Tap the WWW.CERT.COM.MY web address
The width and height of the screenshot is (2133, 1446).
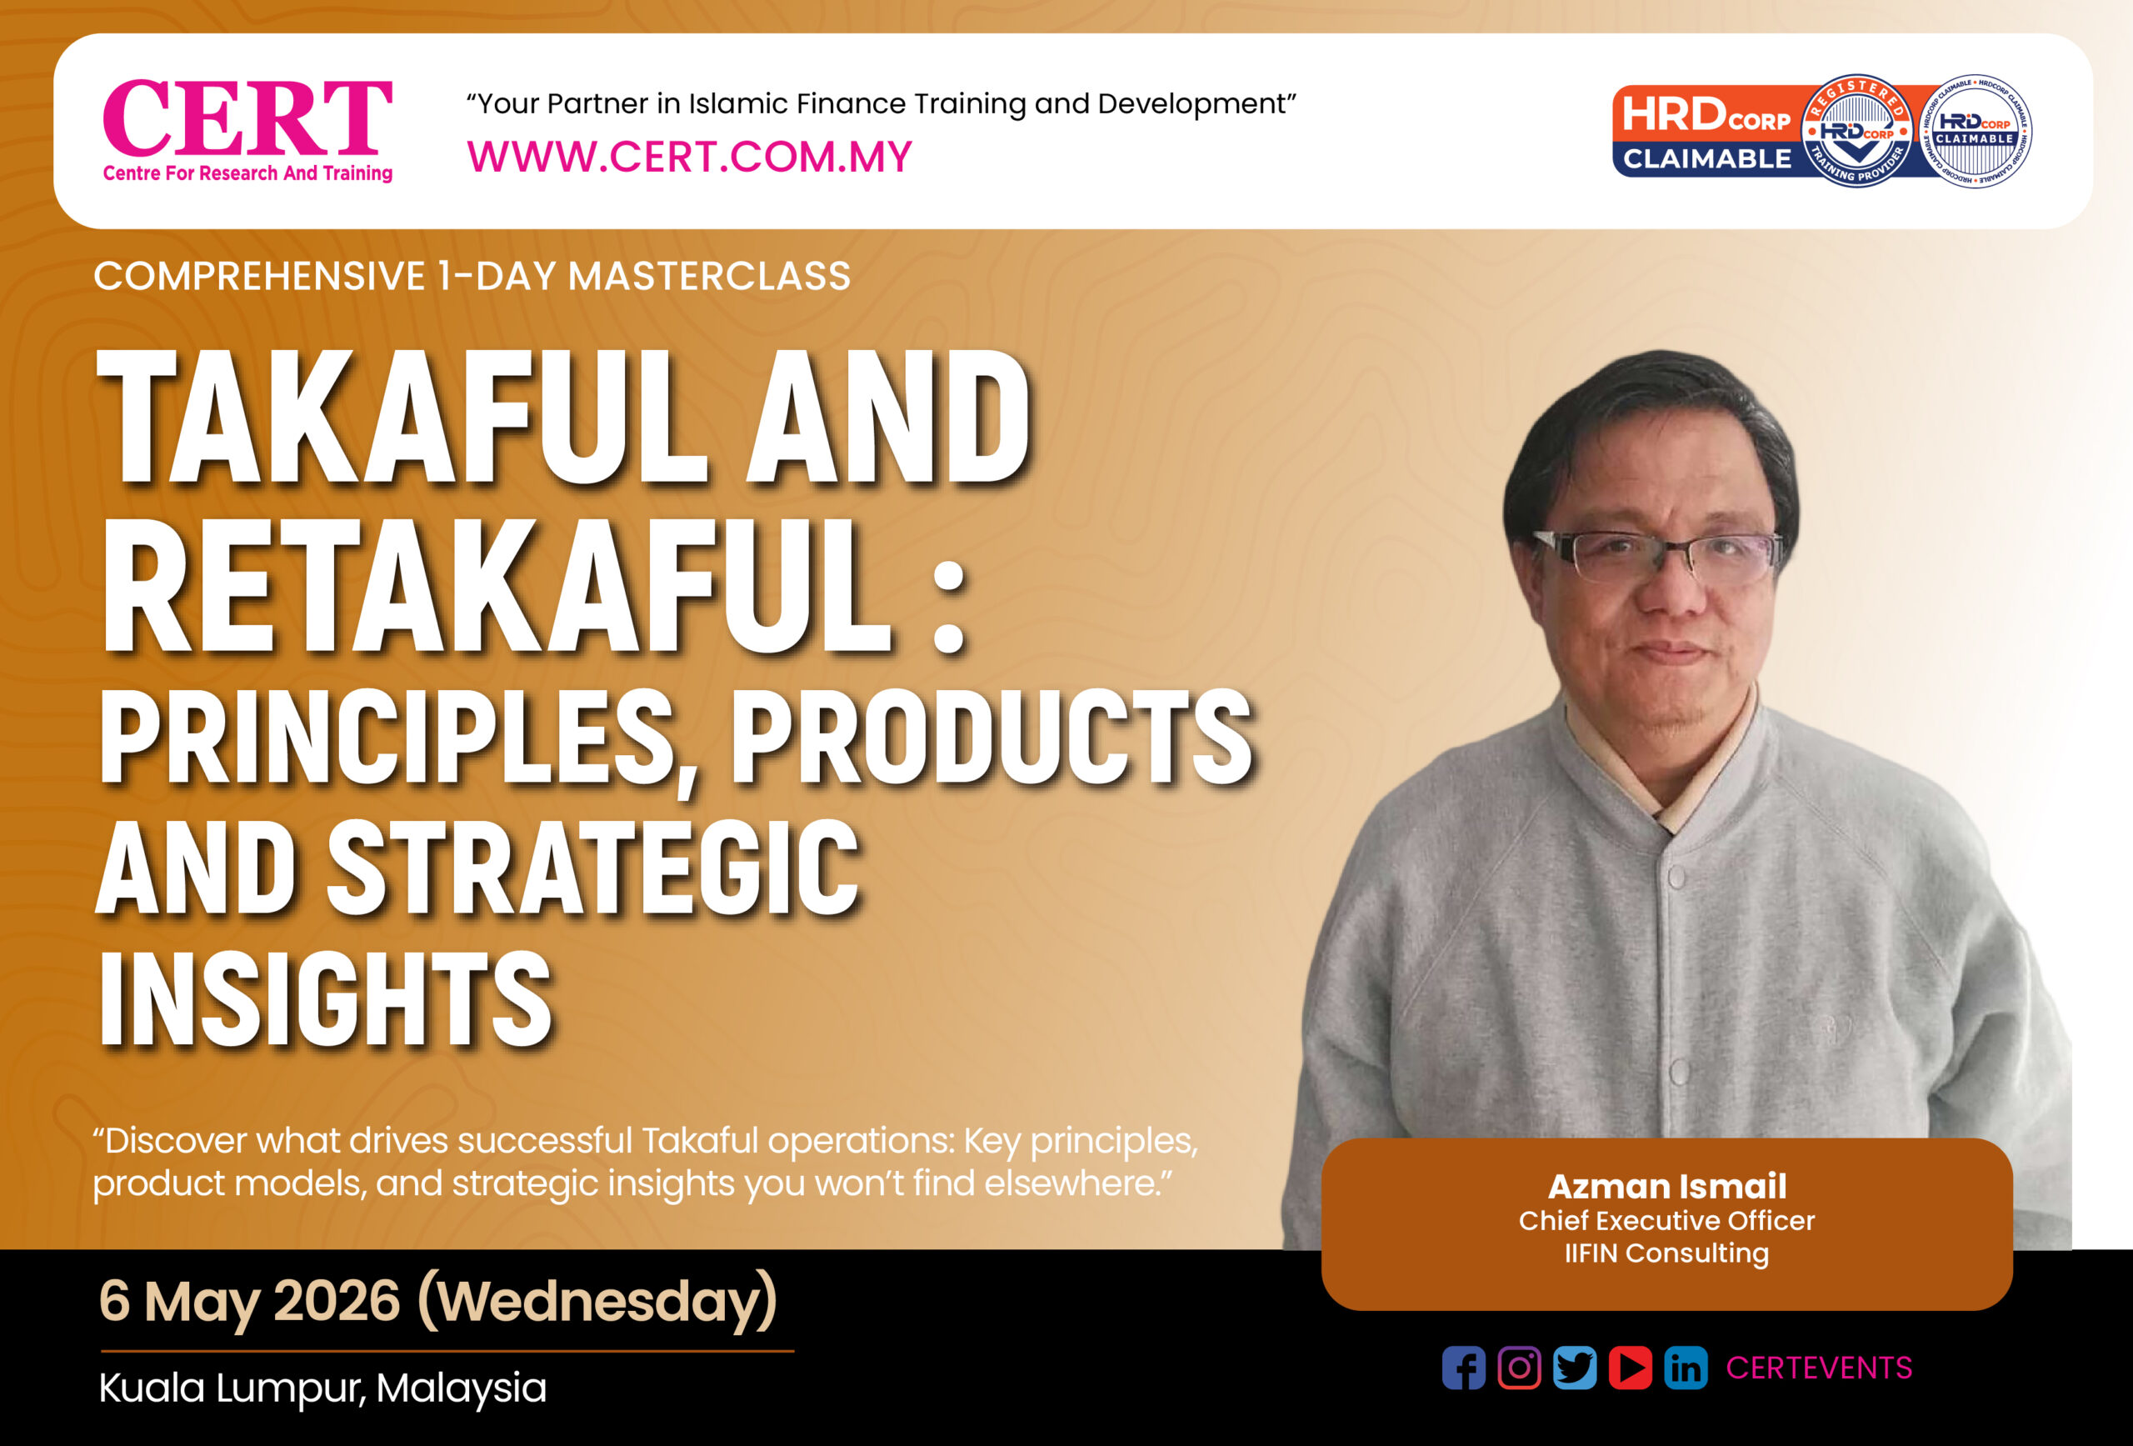coord(689,157)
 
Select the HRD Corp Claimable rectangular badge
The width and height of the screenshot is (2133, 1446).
coord(1707,132)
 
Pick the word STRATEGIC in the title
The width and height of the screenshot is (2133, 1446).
coord(593,868)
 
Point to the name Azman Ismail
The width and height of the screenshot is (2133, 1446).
coord(1666,1186)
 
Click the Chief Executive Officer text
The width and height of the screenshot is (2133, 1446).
coord(1666,1221)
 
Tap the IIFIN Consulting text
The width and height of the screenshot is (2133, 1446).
coord(1666,1254)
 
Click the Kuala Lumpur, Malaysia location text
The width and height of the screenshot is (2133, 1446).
coord(322,1388)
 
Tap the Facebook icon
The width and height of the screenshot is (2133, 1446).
coord(1463,1368)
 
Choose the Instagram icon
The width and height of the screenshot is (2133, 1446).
coord(1519,1368)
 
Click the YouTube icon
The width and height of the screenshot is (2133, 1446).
coord(1630,1368)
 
